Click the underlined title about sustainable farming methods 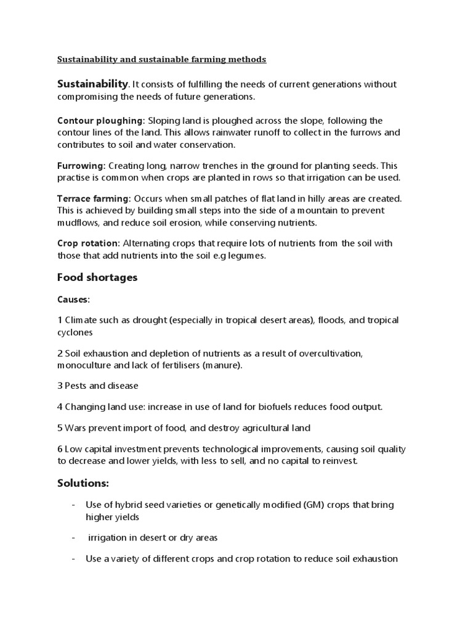(162, 60)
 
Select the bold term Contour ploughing (100, 121)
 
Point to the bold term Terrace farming (94, 198)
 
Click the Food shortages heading (97, 277)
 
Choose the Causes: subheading (73, 299)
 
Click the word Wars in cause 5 (76, 428)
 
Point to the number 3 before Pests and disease (60, 386)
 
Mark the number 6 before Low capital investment (60, 449)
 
